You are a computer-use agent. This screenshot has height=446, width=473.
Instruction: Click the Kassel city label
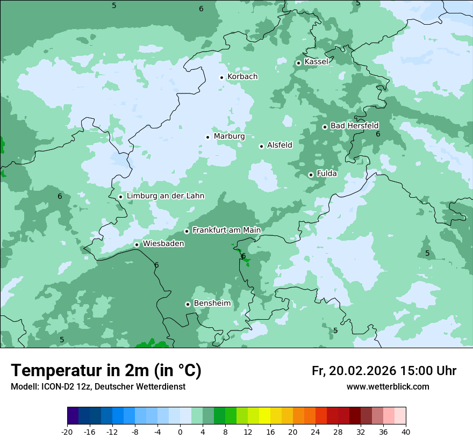point(316,62)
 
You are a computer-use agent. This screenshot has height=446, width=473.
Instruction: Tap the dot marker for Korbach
point(221,77)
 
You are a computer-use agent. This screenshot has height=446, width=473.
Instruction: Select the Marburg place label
point(229,136)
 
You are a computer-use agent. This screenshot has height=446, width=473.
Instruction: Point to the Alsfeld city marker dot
point(261,146)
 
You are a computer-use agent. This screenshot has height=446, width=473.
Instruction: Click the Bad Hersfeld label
point(354,126)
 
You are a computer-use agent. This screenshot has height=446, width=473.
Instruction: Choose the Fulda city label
point(327,174)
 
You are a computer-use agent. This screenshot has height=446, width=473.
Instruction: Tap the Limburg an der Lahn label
point(165,196)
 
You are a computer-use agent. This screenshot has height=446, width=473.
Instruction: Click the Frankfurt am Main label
point(226,230)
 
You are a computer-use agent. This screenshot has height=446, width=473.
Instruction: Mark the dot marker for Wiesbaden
point(137,244)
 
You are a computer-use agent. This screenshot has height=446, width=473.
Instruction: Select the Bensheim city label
point(212,304)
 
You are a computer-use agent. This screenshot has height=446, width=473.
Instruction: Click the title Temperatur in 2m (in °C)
point(106,371)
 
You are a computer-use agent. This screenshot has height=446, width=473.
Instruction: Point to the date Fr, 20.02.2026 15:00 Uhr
point(384,371)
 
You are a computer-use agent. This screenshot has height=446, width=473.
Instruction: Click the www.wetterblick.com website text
point(388,387)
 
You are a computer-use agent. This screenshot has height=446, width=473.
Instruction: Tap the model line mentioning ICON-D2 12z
point(98,387)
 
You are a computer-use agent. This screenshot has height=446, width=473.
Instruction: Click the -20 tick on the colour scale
point(67,432)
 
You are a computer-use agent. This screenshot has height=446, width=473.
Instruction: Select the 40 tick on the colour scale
point(406,432)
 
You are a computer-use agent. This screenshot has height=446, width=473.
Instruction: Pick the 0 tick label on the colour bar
point(180,432)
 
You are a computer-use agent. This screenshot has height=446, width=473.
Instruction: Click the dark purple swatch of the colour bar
point(73,416)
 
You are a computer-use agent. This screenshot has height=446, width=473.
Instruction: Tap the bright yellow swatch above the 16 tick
point(264,416)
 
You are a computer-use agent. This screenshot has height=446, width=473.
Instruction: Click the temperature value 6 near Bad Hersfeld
point(378,134)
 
